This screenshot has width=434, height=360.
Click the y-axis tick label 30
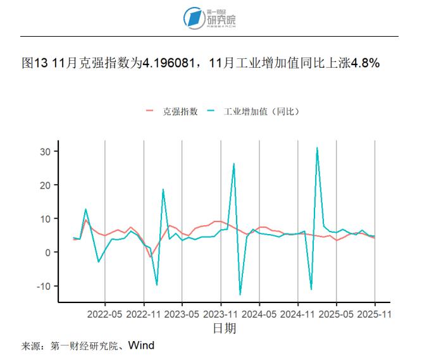(x=46, y=151)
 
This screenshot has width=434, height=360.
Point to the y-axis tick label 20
(x=46, y=185)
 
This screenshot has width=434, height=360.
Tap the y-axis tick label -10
(x=43, y=285)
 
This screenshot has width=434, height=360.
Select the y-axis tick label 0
(x=48, y=252)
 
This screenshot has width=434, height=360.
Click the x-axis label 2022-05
(x=104, y=313)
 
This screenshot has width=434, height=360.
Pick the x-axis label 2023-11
(x=221, y=313)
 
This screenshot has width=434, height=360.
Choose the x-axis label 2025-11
(x=375, y=313)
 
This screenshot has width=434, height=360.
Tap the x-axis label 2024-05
(x=259, y=313)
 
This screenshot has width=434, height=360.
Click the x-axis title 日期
(x=224, y=328)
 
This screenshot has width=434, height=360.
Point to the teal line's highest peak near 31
(x=317, y=147)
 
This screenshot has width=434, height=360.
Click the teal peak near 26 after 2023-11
(x=233, y=164)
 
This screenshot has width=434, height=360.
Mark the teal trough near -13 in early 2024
(x=240, y=294)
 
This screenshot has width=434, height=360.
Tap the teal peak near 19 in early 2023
(x=163, y=189)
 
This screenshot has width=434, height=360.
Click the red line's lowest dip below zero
(x=151, y=256)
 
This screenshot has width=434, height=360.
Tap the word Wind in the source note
(x=141, y=345)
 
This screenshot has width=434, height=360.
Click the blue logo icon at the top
(x=192, y=18)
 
